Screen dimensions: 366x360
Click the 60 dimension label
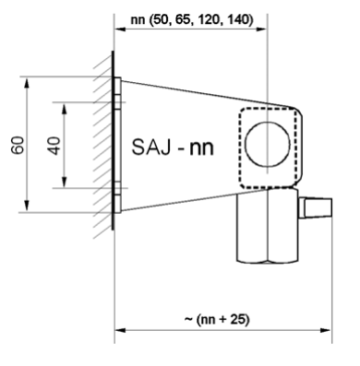[31, 146]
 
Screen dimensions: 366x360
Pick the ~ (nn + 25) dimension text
[221, 319]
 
